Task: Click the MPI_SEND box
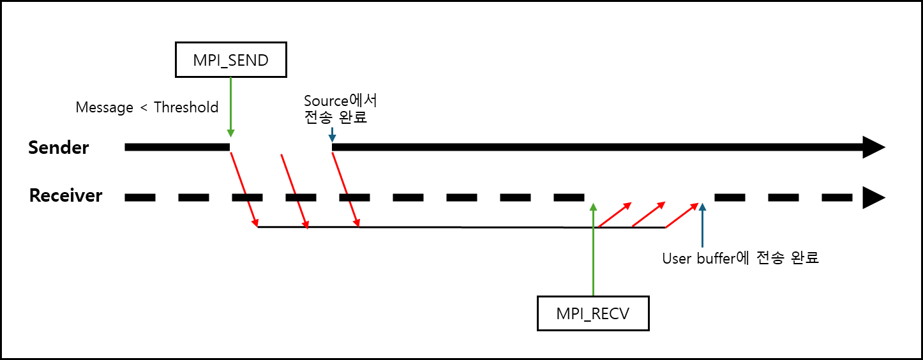tap(230, 61)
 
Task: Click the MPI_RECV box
tap(593, 313)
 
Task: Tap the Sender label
tap(59, 147)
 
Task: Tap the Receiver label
tap(66, 195)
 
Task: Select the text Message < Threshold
tap(147, 107)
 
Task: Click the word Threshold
tap(186, 107)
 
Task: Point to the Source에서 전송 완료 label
tap(340, 109)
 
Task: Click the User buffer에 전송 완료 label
tap(740, 259)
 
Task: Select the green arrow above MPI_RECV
tap(593, 249)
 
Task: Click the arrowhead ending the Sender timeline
tap(873, 147)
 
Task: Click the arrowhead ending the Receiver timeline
tap(873, 197)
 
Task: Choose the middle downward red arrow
tap(295, 191)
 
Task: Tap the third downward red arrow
tap(346, 191)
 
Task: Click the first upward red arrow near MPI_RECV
tap(615, 215)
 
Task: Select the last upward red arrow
tap(682, 216)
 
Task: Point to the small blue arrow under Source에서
tap(332, 135)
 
